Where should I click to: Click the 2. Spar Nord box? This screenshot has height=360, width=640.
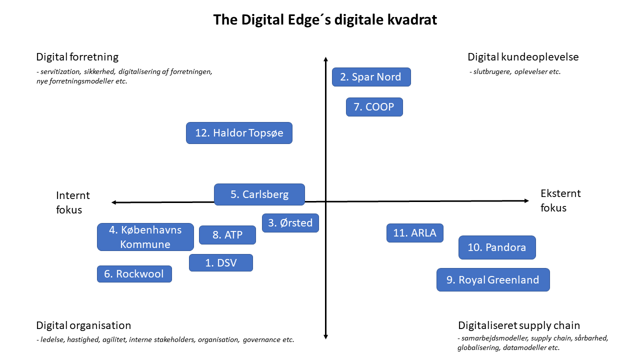(x=371, y=77)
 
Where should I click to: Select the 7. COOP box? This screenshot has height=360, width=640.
(x=374, y=107)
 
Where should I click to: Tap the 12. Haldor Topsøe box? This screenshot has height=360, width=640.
(x=239, y=133)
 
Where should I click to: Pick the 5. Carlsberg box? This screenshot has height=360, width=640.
(x=259, y=194)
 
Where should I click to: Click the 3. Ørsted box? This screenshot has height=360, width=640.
(x=290, y=223)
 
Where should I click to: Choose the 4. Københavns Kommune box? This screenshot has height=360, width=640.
(x=145, y=237)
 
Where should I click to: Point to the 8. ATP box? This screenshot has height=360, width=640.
(x=227, y=235)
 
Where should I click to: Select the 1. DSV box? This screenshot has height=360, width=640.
(x=221, y=262)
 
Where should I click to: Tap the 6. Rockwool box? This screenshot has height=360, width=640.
(x=134, y=274)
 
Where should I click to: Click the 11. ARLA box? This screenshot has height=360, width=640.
(x=415, y=233)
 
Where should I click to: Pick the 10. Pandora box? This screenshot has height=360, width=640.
(x=497, y=247)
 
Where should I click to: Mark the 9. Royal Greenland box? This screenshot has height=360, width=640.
(x=493, y=279)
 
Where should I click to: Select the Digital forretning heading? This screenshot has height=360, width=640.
(x=77, y=57)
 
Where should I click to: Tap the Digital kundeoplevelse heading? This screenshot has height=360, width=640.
(x=523, y=57)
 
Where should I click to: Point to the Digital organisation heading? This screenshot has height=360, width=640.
(x=83, y=325)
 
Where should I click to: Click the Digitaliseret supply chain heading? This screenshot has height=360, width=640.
(x=519, y=325)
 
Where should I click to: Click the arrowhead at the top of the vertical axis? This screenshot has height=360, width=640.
(x=325, y=59)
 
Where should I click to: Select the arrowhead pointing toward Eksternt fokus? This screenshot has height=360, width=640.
(x=526, y=201)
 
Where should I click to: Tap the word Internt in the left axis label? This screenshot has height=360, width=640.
(x=73, y=195)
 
